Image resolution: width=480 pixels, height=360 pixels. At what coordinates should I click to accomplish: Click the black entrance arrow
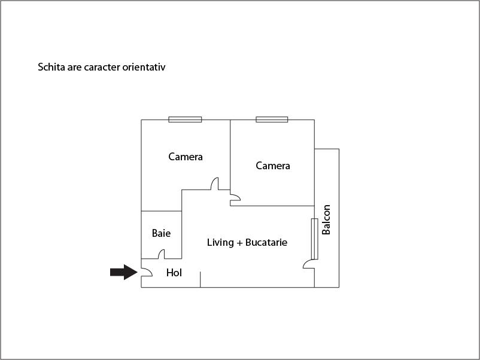coord(124,272)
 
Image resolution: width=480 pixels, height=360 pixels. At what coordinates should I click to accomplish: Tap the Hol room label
coord(174,273)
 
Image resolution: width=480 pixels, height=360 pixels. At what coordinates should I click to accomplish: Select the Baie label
coord(161,233)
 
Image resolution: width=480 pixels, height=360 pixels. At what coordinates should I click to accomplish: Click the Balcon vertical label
coord(326,219)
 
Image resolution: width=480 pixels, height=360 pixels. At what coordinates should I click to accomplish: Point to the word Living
coord(220,243)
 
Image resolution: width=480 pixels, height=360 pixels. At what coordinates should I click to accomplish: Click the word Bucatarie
coord(266,243)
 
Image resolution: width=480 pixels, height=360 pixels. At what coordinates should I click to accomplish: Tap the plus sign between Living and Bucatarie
coord(239,243)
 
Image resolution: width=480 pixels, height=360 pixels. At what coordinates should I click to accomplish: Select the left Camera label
coord(186,157)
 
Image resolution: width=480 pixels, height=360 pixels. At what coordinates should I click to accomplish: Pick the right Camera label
coord(273,166)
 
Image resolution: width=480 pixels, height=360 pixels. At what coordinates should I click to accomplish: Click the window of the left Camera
coord(185,120)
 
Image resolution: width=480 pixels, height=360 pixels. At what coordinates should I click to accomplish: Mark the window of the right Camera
coord(272,120)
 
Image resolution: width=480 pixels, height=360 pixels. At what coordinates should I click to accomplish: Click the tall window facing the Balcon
coord(314,239)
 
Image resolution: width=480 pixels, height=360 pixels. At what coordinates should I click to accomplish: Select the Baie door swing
coord(162,254)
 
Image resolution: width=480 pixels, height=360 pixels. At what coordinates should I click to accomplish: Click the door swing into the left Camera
coord(215,184)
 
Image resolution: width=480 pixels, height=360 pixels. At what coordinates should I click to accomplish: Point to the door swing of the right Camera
coord(235,197)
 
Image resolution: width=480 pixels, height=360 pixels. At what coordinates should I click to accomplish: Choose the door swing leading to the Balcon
coord(309,264)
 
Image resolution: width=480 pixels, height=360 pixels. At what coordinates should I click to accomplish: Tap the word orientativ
coord(144,67)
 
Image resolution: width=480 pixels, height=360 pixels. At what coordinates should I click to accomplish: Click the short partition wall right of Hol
coord(200,279)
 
